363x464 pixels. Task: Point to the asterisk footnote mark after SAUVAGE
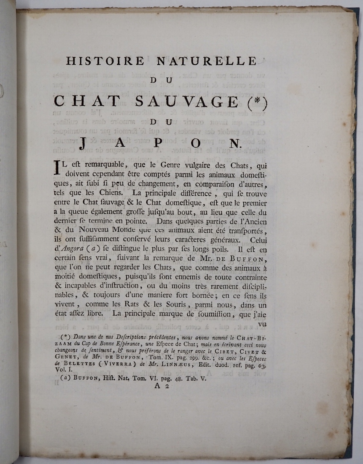(254, 102)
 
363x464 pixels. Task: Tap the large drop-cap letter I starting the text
(56, 168)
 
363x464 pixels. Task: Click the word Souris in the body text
(177, 305)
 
